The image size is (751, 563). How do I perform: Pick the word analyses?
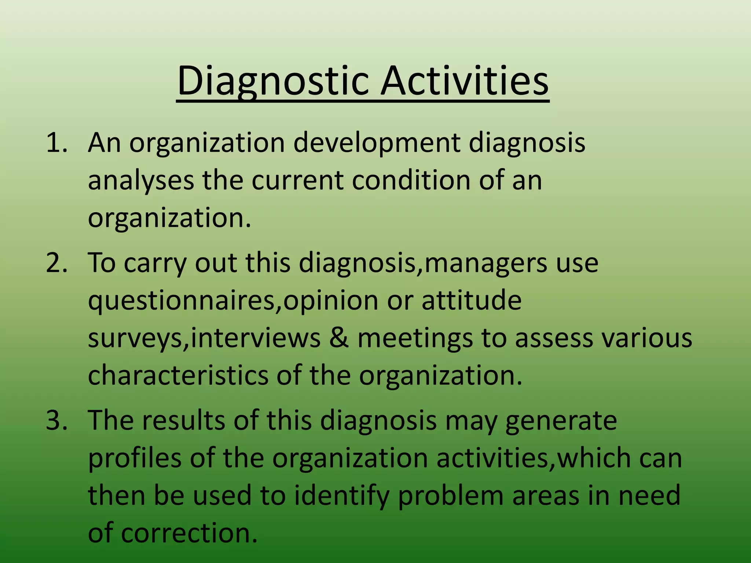(141, 181)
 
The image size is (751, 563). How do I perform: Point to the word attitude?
(471, 301)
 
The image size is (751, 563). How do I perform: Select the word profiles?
(135, 459)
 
